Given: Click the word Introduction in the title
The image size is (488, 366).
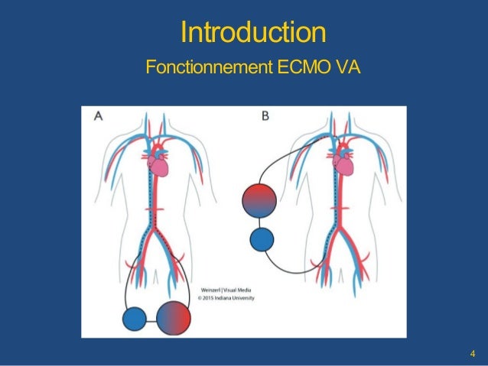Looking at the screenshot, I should point(253,32).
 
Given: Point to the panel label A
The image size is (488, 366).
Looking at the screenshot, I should point(99,117).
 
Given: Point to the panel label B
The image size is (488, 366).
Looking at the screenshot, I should point(265,117).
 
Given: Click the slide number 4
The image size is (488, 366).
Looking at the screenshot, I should point(473,353).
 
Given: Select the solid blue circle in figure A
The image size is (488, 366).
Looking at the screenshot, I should point(135,318).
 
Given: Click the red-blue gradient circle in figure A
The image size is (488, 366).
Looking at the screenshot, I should point(172,316).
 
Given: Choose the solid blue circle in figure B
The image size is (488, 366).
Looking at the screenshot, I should point(262,239).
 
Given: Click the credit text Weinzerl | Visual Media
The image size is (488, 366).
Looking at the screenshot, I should point(225,291).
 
